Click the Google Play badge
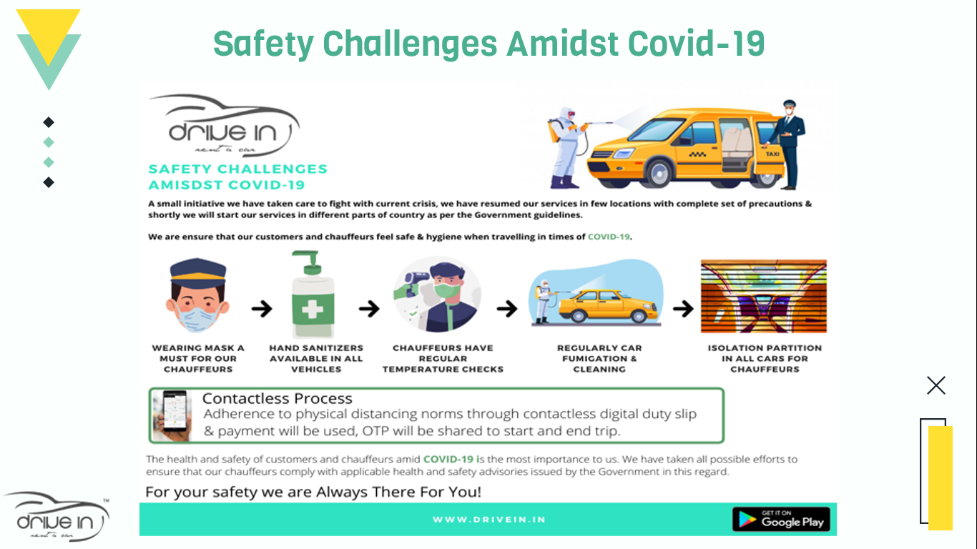pyautogui.click(x=781, y=519)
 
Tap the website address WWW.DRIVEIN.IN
pyautogui.click(x=489, y=520)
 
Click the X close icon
pyautogui.click(x=936, y=385)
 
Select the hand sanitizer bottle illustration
pyautogui.click(x=313, y=294)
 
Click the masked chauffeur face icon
pyautogui.click(x=197, y=295)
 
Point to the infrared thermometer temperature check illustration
pyautogui.click(x=437, y=295)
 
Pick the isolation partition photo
pyautogui.click(x=764, y=296)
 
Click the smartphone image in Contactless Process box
pyautogui.click(x=172, y=415)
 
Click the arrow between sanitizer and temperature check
pyautogui.click(x=370, y=309)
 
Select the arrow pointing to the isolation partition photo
pyautogui.click(x=683, y=309)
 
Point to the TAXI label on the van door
pyautogui.click(x=772, y=154)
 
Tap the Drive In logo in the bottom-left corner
pyautogui.click(x=57, y=517)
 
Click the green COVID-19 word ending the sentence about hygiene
pyautogui.click(x=609, y=237)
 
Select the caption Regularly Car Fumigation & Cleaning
pyautogui.click(x=599, y=358)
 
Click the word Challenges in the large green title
pyautogui.click(x=410, y=44)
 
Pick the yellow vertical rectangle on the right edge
pyautogui.click(x=941, y=478)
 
